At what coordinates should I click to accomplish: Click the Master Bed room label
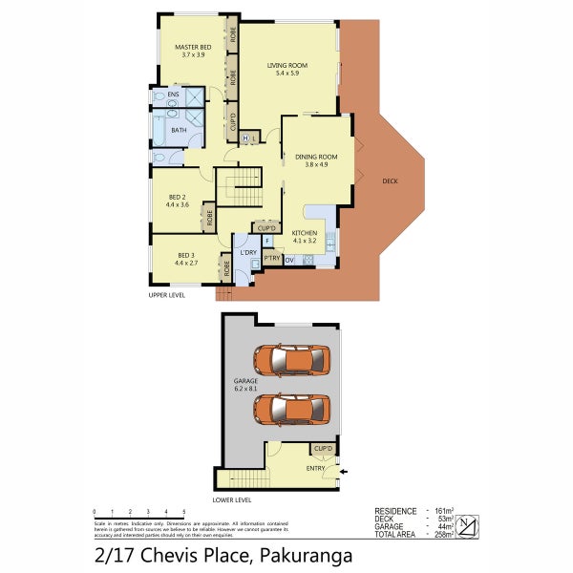(192, 51)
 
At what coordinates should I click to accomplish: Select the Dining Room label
(316, 159)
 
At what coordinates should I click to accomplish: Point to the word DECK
(389, 180)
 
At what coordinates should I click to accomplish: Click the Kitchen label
(304, 236)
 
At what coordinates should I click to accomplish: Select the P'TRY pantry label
(271, 258)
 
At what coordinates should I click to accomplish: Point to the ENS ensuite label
(173, 95)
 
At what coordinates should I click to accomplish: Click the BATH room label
(179, 130)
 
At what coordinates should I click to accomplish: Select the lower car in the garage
(289, 409)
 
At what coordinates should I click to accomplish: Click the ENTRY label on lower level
(315, 468)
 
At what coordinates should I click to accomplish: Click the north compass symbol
(468, 523)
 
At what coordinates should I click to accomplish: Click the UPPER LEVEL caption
(165, 295)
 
